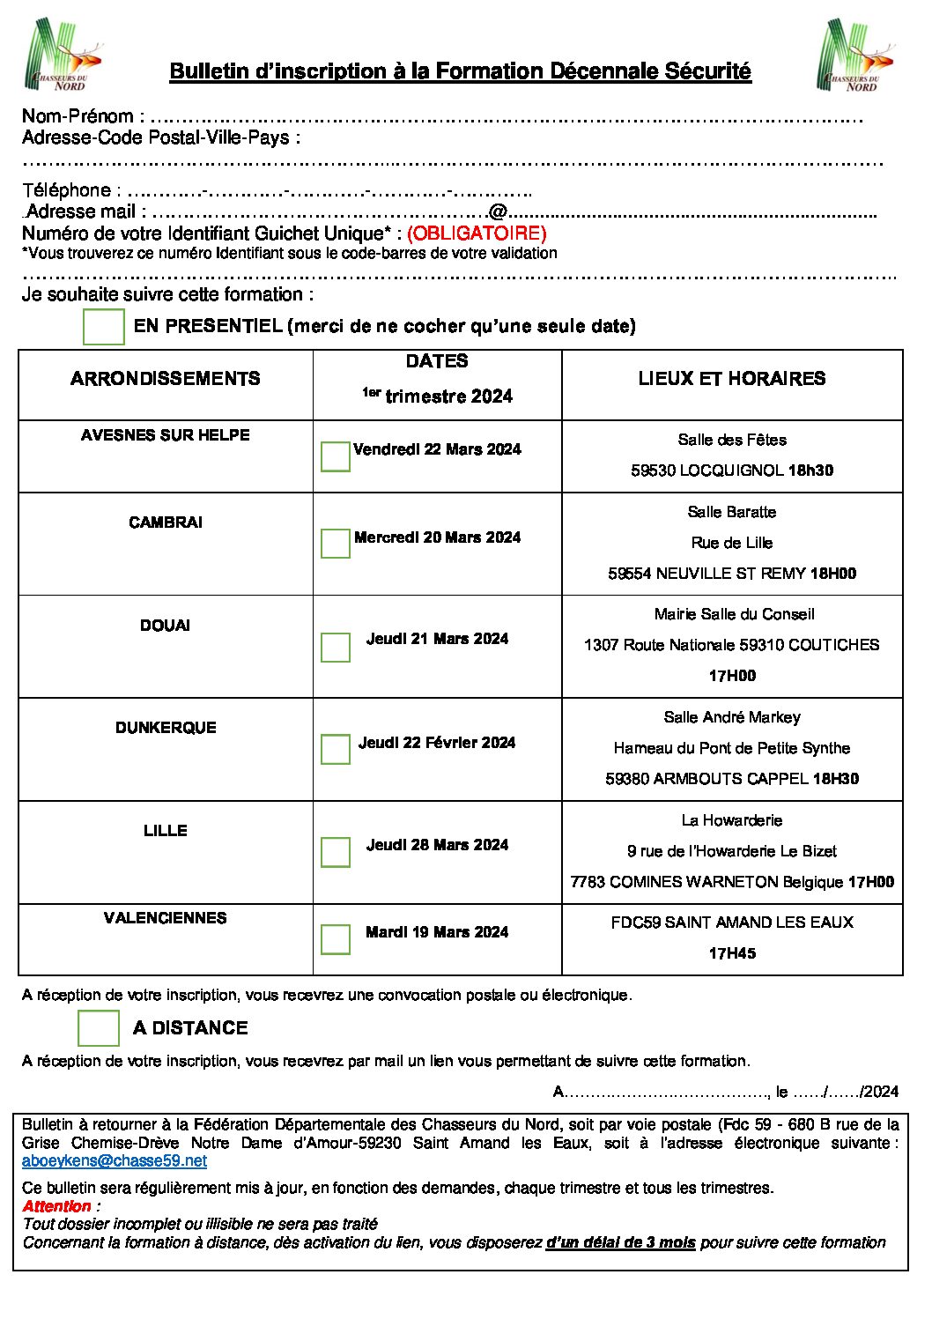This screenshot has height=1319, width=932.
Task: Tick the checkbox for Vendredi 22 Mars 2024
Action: (335, 456)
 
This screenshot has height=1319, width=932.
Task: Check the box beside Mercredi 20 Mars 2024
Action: (335, 543)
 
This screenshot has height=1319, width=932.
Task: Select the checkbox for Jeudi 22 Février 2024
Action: (335, 749)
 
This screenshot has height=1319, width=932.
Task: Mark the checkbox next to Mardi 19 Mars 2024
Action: (335, 938)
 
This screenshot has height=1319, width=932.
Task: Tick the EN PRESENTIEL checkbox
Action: (104, 326)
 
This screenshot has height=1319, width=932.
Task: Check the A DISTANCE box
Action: (99, 1028)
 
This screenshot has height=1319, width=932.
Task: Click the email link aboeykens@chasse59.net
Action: (115, 1161)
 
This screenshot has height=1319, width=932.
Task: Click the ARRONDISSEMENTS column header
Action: (166, 379)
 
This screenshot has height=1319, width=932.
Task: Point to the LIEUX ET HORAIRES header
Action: (732, 379)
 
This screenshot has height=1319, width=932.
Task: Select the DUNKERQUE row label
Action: (166, 728)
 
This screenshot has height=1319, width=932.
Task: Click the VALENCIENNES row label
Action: (166, 918)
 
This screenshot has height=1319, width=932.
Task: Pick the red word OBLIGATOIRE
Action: (477, 233)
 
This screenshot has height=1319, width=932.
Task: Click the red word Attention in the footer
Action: (57, 1206)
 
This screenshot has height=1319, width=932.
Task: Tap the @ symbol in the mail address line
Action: (498, 212)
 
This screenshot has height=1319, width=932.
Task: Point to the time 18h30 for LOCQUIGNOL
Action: (810, 471)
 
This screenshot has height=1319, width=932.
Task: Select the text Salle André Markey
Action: (732, 717)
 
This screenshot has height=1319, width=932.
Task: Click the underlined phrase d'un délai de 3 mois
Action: (621, 1242)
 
